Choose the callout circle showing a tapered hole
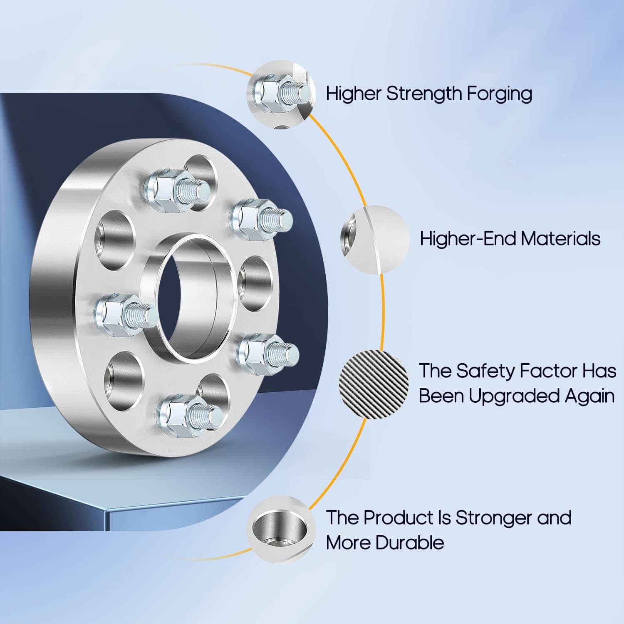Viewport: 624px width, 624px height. click(281, 530)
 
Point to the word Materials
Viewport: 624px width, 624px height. click(560, 239)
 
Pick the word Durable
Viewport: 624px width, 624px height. click(409, 543)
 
